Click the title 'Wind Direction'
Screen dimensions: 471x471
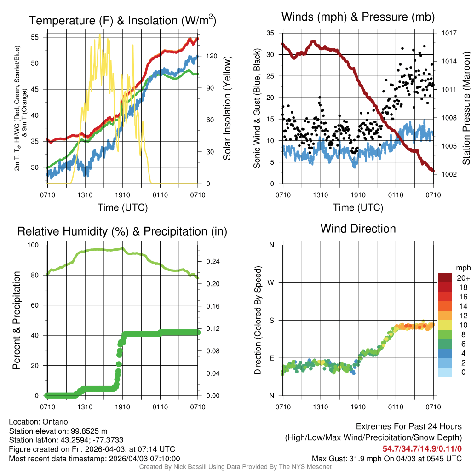pyautogui.click(x=358, y=229)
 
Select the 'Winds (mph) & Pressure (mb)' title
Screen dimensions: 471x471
pyautogui.click(x=358, y=17)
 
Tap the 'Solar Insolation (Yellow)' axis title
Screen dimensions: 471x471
pyautogui.click(x=227, y=109)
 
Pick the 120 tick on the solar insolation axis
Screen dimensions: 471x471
pyautogui.click(x=212, y=56)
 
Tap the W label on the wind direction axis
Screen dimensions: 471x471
pyautogui.click(x=272, y=282)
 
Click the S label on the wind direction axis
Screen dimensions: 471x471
pyautogui.click(x=272, y=320)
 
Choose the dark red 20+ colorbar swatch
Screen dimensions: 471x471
pyautogui.click(x=445, y=278)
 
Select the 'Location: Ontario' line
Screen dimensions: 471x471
pyautogui.click(x=38, y=422)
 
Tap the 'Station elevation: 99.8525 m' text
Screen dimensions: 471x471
pyautogui.click(x=58, y=431)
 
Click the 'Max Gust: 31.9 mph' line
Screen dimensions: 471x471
pyautogui.click(x=386, y=458)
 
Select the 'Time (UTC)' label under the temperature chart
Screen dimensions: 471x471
pyautogui.click(x=122, y=207)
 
